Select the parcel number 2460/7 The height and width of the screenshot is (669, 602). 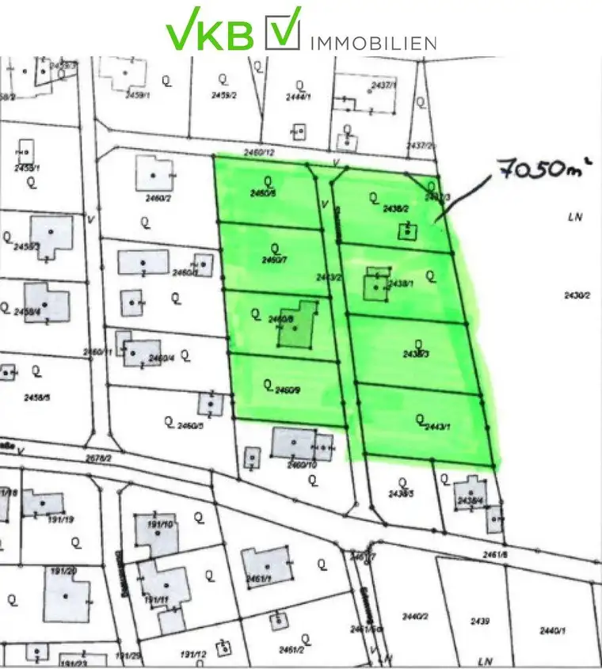coord(274,259)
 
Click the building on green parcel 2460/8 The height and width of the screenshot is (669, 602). coord(295,325)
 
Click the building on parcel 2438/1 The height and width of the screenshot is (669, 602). coord(375,284)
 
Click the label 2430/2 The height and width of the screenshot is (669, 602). coord(576,295)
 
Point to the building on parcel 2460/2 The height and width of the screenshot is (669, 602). coord(154,171)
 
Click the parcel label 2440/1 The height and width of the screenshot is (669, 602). coord(552,631)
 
